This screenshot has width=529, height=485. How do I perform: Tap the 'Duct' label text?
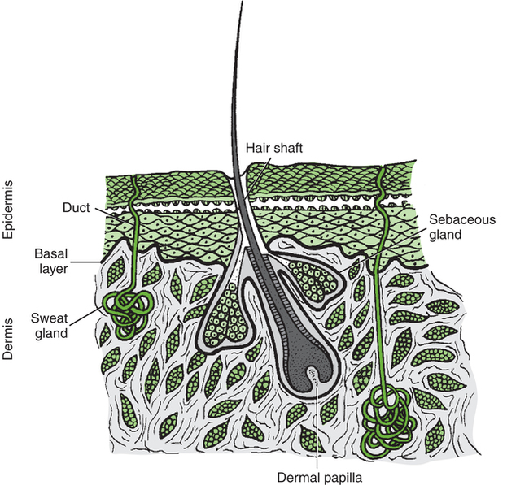[77, 207]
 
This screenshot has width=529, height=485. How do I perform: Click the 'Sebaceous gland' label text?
[452, 227]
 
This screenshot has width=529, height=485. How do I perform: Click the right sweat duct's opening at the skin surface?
[381, 171]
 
